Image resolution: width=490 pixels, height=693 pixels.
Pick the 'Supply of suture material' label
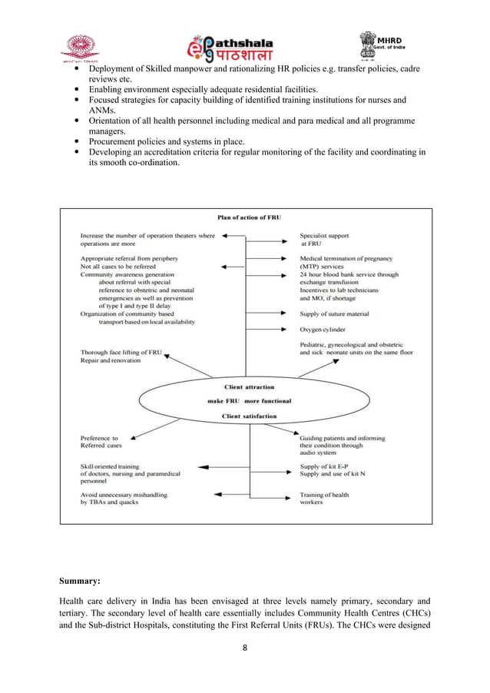coord(334,313)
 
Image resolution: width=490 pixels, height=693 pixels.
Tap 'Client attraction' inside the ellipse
coord(248,386)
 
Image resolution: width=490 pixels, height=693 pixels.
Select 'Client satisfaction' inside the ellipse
coord(249,416)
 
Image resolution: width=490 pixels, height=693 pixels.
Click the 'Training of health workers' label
coord(323,499)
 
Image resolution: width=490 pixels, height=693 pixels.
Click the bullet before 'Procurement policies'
coord(79,142)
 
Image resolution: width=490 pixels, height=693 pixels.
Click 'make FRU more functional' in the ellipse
coord(248,401)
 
